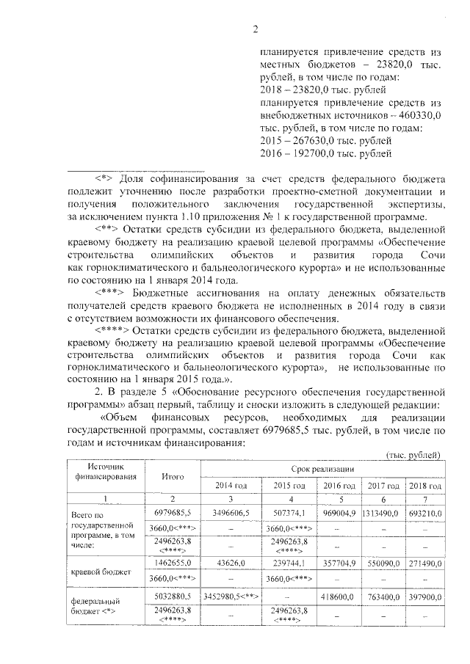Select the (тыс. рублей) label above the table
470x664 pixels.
[x=413, y=455]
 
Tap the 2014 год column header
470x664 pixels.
[x=231, y=486]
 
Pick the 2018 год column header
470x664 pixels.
[x=424, y=486]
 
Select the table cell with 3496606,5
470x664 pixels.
[x=231, y=513]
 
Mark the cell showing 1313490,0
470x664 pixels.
[x=380, y=513]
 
